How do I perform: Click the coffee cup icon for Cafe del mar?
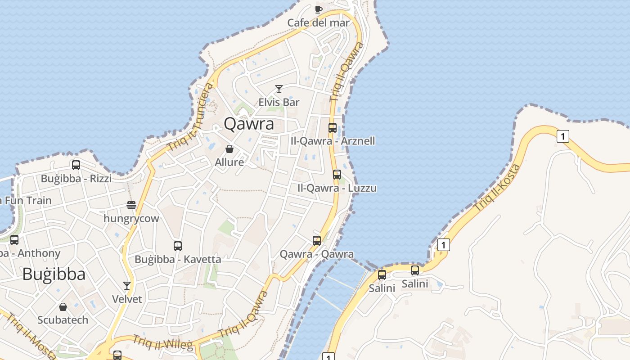pos(319,9)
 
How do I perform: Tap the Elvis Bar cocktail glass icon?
pos(279,89)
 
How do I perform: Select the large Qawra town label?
pos(249,123)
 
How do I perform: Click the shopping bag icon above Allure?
pos(229,149)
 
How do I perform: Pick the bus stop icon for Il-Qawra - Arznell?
pos(333,128)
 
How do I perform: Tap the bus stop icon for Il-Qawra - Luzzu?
pos(337,175)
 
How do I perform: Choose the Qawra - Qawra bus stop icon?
pos(317,241)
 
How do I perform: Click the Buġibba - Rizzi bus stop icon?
pos(76,165)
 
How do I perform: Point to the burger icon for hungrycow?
pos(131,205)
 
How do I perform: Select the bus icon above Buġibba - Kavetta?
pos(178,246)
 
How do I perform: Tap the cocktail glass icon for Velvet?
pos(127,286)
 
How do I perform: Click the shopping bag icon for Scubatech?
pos(63,307)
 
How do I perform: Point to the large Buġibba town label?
pos(54,274)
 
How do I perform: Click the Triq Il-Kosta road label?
pos(497,188)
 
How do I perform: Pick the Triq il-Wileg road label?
pos(162,342)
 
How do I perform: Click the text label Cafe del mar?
pos(319,22)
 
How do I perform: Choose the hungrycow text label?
pos(131,219)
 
